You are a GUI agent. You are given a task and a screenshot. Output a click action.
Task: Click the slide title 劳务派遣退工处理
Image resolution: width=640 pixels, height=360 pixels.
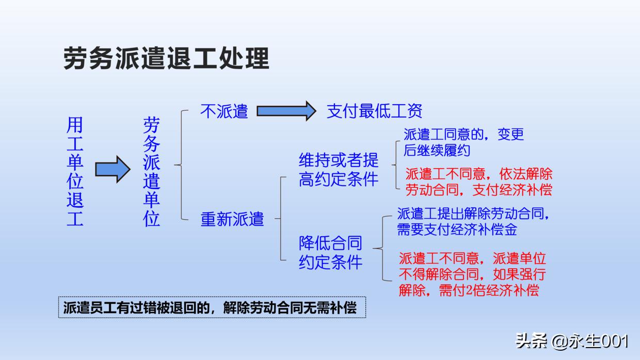166,58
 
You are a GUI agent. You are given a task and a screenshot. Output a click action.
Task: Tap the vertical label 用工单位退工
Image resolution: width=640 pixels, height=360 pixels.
75,172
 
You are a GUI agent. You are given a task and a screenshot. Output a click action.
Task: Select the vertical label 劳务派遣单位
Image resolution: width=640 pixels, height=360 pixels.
151,172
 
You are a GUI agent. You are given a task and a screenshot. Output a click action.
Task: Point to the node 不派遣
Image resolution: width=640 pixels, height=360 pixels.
224,111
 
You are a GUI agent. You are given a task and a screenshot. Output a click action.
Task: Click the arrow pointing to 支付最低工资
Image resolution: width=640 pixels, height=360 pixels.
286,110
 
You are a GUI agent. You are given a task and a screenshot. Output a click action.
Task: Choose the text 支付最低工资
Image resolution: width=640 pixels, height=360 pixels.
374,111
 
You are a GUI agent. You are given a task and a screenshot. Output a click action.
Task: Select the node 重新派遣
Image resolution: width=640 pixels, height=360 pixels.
232,219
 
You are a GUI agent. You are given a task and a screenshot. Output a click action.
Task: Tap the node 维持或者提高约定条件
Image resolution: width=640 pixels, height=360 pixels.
339,169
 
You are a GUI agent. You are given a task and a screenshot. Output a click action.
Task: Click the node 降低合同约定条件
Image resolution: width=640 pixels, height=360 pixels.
331,252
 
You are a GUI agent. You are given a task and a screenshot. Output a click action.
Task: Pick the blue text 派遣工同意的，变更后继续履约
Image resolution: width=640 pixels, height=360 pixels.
463,142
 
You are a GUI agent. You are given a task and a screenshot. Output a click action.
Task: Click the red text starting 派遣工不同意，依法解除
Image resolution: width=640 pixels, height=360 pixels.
478,182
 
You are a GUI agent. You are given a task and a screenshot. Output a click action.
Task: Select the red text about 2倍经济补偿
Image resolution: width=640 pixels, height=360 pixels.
472,274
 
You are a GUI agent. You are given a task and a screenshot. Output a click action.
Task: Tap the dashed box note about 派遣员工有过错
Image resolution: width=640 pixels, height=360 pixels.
212,307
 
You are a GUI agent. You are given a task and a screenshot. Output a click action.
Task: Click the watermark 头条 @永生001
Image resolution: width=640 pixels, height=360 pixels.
571,341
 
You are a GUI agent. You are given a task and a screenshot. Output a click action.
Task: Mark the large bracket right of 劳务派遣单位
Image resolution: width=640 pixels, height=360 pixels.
181,165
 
